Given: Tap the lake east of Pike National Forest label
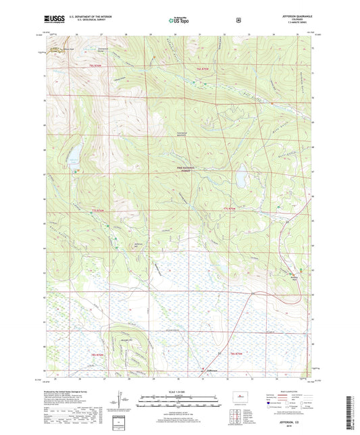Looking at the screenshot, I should pos(239,178).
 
